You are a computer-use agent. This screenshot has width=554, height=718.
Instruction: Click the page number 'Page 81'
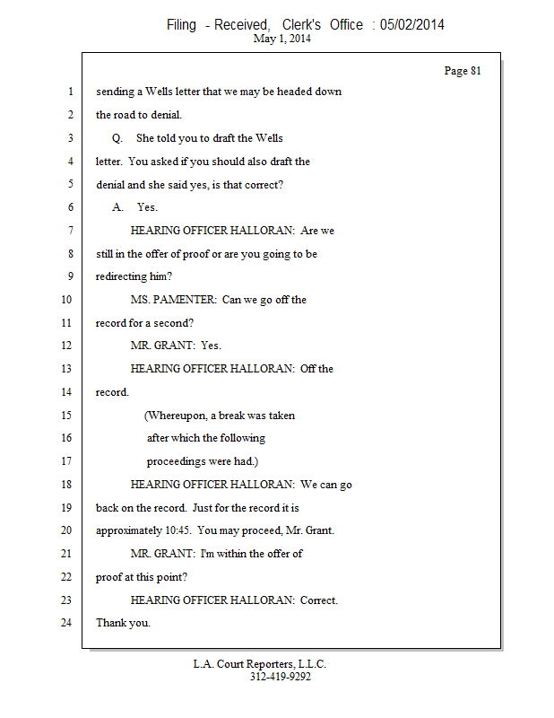click(463, 71)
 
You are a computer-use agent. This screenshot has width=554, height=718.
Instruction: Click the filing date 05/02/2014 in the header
click(411, 24)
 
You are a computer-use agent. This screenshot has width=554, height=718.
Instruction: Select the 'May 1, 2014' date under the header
click(282, 39)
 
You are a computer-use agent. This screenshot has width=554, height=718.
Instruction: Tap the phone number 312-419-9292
click(281, 677)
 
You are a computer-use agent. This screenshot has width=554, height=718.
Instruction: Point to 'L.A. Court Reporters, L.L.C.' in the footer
click(260, 664)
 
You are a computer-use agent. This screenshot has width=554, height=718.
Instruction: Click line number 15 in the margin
click(66, 416)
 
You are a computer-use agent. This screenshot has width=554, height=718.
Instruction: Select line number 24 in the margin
click(66, 622)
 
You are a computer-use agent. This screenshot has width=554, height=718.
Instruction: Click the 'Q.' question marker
click(117, 138)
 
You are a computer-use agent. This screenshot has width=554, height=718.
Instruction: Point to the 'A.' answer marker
click(117, 207)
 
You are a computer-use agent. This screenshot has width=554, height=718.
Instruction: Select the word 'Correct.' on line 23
click(319, 600)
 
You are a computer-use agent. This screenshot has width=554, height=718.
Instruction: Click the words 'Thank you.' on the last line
click(123, 623)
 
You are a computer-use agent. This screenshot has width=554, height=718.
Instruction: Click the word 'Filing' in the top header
click(181, 24)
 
